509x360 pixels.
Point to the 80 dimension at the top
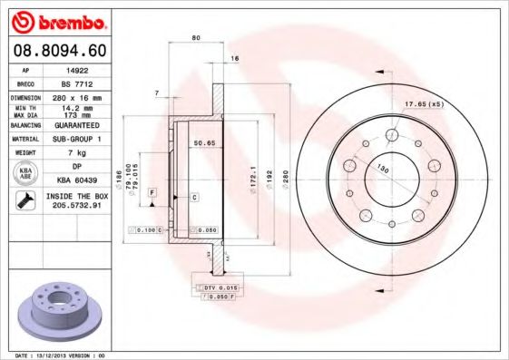(x=196, y=38)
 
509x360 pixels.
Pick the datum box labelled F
(x=152, y=192)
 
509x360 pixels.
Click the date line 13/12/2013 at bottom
(x=62, y=355)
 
